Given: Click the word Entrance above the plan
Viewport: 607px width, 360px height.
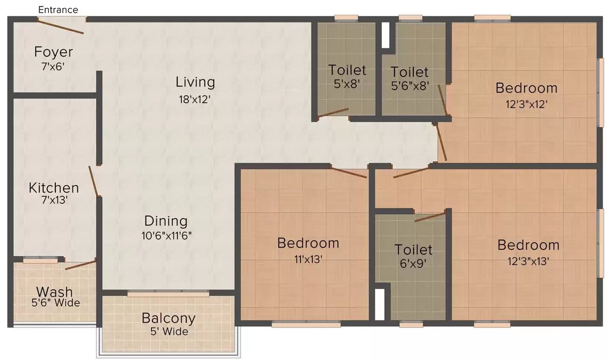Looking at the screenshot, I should (58, 9).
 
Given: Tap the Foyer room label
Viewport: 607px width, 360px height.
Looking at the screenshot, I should (53, 52).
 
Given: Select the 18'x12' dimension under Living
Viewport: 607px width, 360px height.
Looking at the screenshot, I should (195, 99).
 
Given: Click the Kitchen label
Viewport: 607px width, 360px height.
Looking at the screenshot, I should (53, 188).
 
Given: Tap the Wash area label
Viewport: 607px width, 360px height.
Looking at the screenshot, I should (55, 292).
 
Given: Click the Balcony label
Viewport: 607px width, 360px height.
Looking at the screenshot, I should (168, 318).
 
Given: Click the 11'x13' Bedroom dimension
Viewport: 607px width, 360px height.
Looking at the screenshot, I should (308, 259).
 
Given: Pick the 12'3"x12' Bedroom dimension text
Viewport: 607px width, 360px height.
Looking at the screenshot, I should (526, 104).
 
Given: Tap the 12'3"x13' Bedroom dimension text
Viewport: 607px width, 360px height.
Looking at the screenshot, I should (528, 261).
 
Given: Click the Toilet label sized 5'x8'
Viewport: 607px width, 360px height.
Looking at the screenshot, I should (347, 70).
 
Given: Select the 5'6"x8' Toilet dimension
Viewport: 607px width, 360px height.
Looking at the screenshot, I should (410, 87).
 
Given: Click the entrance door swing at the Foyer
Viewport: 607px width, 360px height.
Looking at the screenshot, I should (61, 26).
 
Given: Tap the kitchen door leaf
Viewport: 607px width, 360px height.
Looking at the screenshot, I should (94, 181).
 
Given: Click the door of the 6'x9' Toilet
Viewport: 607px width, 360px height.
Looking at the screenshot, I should (430, 217).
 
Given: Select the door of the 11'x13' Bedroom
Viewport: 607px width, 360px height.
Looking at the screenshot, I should (348, 172).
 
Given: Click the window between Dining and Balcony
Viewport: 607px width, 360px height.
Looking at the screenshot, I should (168, 293).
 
